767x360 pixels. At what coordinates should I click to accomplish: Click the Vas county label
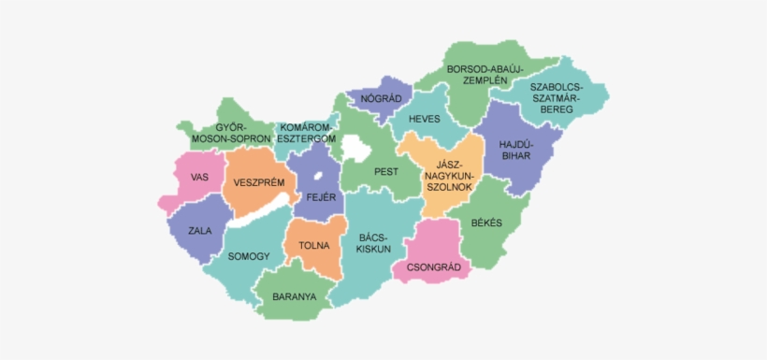tap(199, 177)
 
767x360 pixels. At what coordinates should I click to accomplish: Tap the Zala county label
tap(199, 230)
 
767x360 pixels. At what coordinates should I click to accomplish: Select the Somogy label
tap(249, 256)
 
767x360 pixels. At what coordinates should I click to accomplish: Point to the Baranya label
tap(295, 297)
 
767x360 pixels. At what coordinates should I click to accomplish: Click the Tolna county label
tap(314, 246)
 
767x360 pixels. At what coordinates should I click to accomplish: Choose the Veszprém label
tap(259, 182)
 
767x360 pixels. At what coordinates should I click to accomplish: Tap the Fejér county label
tap(320, 198)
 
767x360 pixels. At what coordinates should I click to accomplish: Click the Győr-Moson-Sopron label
tap(230, 133)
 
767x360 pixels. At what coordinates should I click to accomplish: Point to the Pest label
tap(385, 172)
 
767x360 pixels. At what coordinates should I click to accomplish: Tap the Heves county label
tap(424, 120)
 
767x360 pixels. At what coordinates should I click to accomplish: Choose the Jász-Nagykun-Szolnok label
tap(450, 175)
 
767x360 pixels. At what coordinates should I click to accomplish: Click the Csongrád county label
tap(432, 266)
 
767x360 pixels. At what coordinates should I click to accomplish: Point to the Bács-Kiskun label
tap(373, 243)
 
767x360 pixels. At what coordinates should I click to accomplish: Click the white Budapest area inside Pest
tap(356, 147)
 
